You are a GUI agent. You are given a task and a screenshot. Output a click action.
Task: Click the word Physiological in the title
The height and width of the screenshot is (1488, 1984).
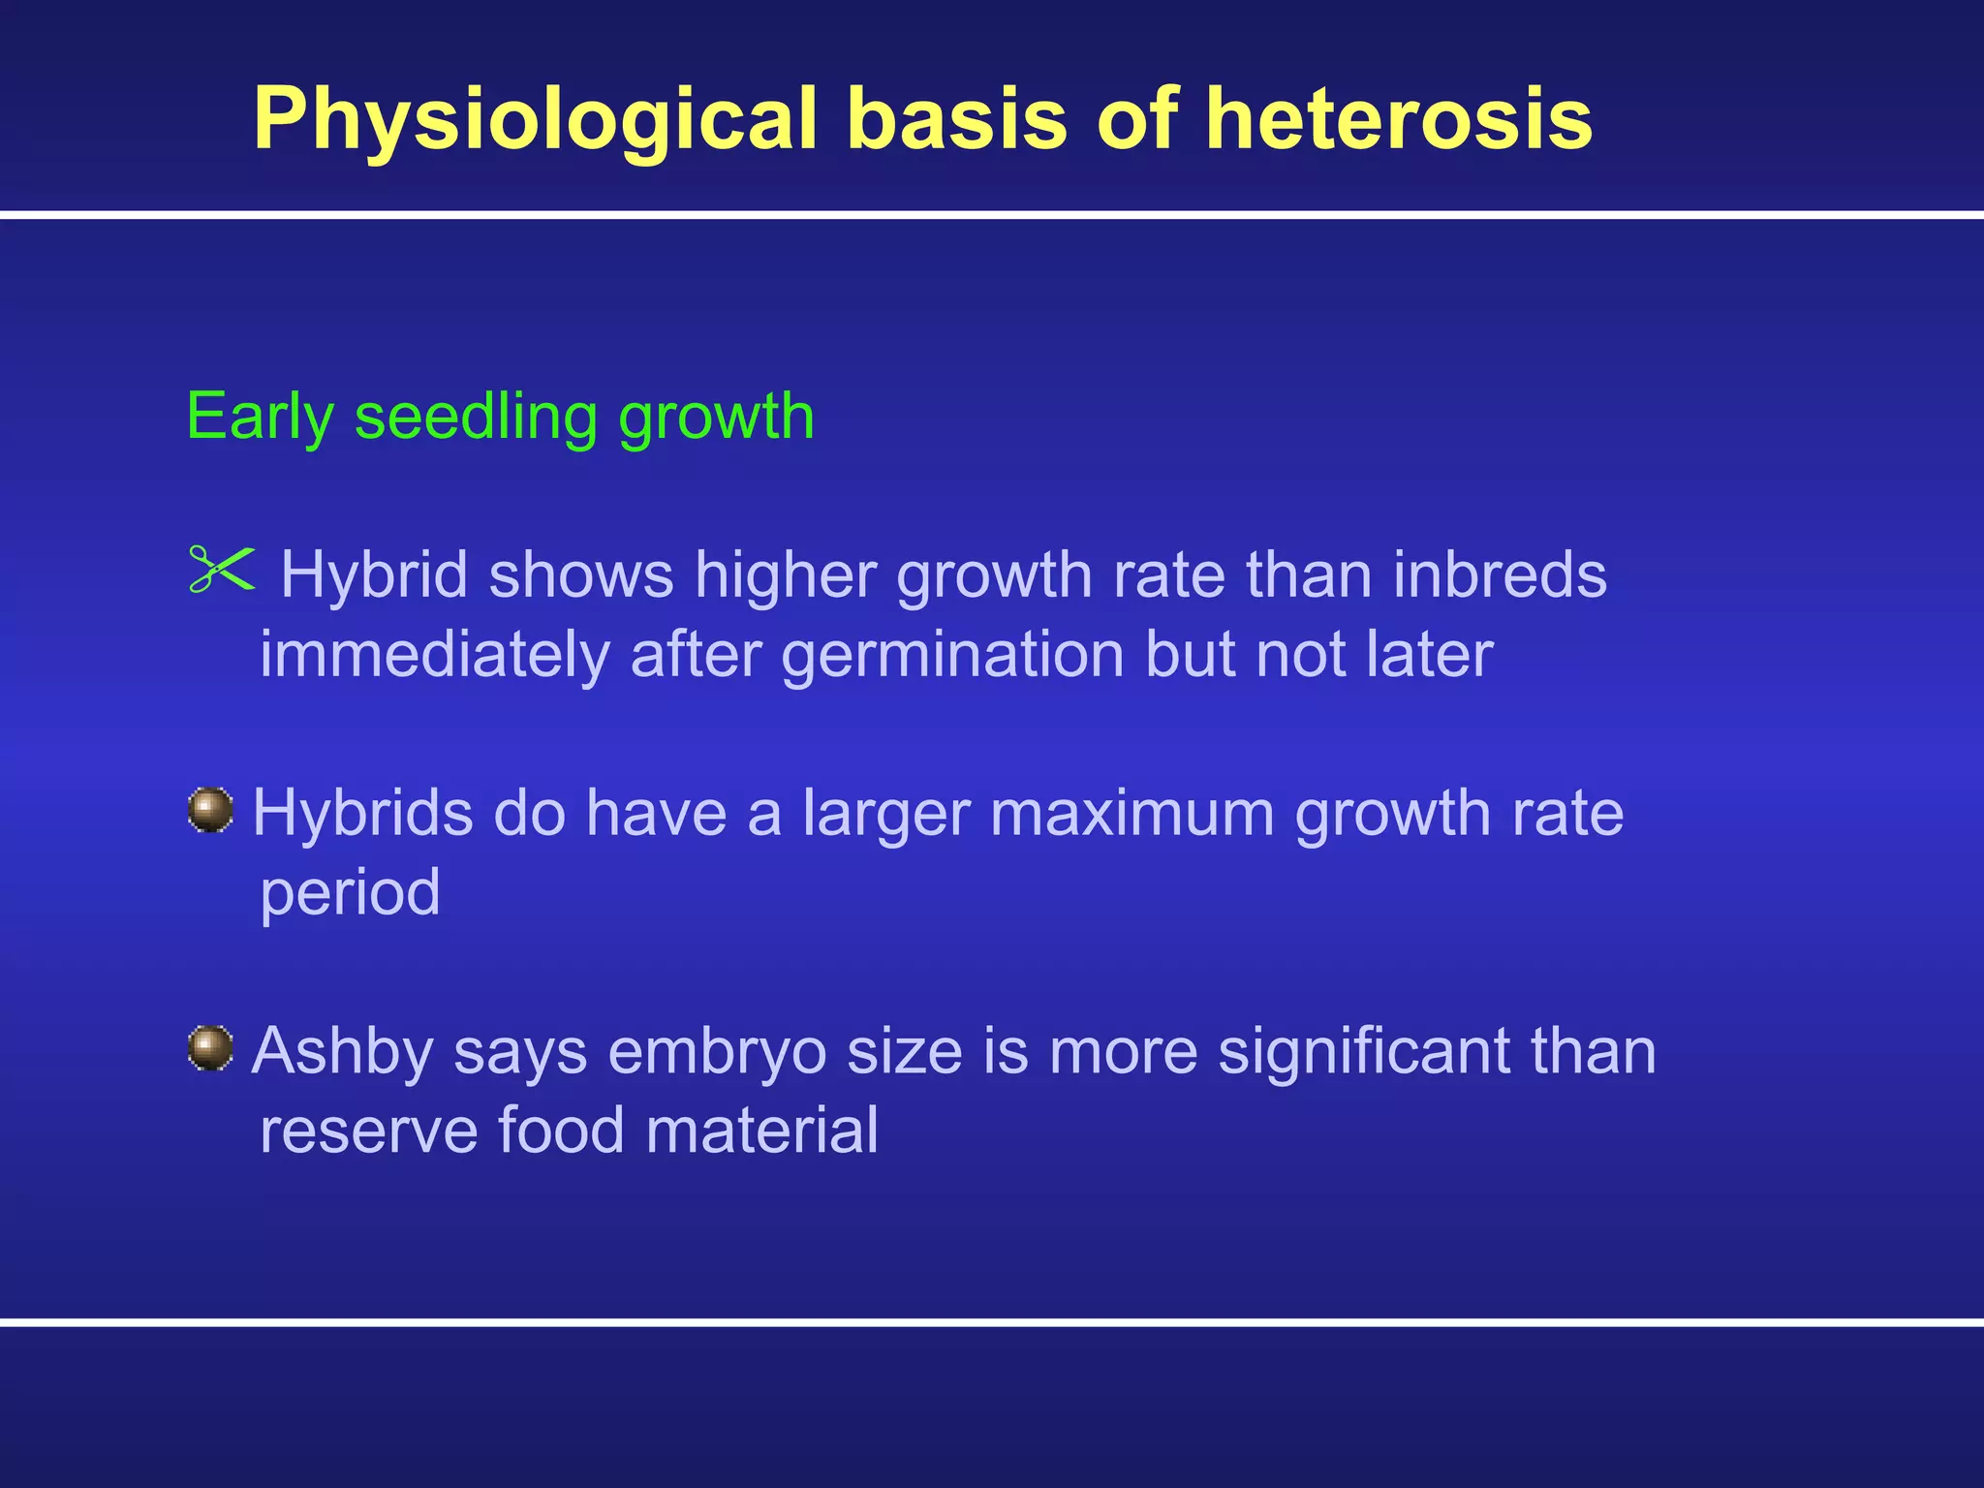[x=536, y=119]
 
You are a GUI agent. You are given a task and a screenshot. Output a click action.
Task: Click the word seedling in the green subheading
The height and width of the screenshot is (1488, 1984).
[x=476, y=418]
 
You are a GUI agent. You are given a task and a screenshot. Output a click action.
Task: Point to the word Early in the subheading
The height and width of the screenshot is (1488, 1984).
[x=260, y=418]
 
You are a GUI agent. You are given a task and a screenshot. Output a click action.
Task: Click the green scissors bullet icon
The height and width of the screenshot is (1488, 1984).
[x=222, y=569]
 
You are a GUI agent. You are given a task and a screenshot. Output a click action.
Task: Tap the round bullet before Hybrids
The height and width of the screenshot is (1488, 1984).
[x=210, y=809]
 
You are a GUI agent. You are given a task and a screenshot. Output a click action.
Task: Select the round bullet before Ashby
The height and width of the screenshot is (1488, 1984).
[x=210, y=1048]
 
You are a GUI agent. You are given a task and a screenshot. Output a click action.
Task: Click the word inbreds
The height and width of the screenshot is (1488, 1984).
[x=1500, y=574]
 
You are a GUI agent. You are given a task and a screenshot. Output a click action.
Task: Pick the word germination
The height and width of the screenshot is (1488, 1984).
[x=952, y=656]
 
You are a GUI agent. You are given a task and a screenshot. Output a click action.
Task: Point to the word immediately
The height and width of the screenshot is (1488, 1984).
[x=434, y=656]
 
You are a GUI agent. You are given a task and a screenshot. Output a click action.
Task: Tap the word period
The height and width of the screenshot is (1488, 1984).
[x=350, y=893]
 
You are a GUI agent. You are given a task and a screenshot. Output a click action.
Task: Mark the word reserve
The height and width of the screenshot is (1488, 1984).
[x=368, y=1131]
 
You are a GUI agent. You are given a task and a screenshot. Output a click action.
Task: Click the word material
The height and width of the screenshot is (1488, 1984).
[x=761, y=1131]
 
